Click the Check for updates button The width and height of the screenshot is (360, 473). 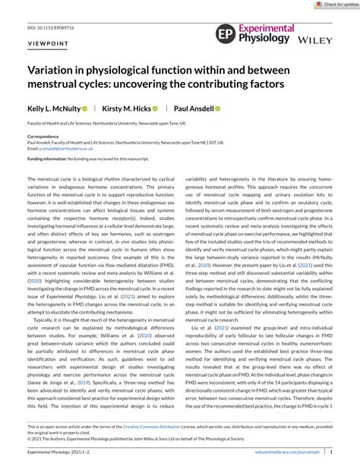tap(335, 5)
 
